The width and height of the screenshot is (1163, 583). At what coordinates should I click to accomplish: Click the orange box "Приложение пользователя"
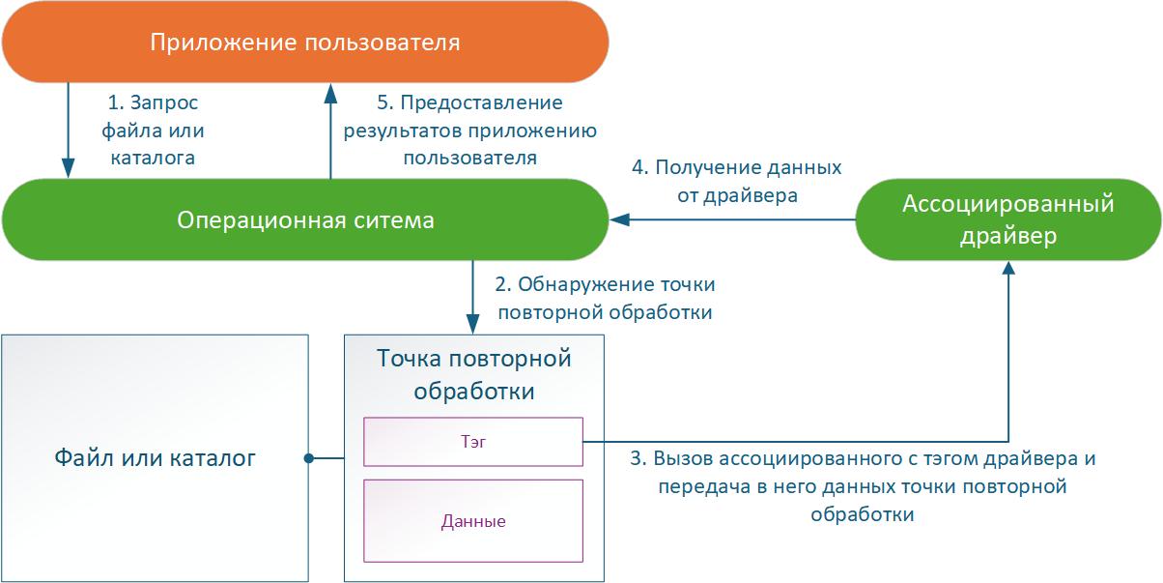point(304,43)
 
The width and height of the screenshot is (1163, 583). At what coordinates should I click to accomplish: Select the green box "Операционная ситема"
point(304,220)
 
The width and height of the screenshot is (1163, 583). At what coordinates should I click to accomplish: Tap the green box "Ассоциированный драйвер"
point(1007,220)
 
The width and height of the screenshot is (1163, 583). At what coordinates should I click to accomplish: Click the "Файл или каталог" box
point(155,457)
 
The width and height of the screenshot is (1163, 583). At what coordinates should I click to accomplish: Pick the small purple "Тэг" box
point(472,441)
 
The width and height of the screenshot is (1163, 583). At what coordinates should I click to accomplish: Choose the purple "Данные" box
point(472,521)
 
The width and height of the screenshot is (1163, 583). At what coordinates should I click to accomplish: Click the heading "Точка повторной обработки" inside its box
point(473,375)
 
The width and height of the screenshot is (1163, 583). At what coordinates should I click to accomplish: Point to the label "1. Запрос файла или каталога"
point(155,130)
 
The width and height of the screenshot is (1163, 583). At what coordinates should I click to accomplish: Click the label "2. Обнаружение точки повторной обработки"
point(604,299)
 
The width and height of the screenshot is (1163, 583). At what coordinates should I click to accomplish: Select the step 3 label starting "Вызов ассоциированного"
point(863,486)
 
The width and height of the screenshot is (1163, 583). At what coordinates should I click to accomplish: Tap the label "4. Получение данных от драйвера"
point(736,181)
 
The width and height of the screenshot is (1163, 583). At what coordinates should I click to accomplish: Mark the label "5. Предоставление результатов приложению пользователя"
point(469,130)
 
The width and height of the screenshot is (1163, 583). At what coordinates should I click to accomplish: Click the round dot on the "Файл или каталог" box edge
point(308,457)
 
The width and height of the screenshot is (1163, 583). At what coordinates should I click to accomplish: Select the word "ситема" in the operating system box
point(396,220)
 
